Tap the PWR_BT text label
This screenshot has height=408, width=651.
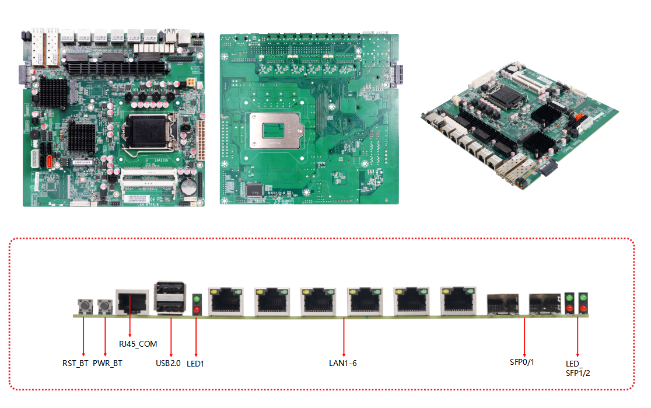pos(107,363)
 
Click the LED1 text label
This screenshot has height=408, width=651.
pos(195,364)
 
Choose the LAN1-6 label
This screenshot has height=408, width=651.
pos(343,363)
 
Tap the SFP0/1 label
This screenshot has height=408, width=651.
pos(522,362)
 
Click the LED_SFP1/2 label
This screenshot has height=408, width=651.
pos(577,368)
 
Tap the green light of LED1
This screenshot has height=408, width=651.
pos(197,299)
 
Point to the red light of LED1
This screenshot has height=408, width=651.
pos(197,309)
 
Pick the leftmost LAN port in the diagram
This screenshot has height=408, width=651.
pos(225,301)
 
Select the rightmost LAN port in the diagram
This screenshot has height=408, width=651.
pos(458,301)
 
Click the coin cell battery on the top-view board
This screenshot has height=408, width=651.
pos(189,186)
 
